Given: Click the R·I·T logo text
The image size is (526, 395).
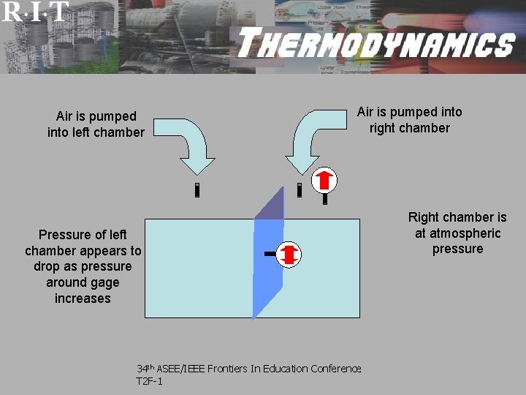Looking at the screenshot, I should point(35,11).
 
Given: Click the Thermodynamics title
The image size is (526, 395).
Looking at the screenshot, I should point(376,44).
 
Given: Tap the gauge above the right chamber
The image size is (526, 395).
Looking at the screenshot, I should point(324,179).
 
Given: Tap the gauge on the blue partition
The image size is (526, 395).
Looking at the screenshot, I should point(289,254).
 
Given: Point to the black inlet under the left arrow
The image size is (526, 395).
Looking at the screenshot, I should point(197,191).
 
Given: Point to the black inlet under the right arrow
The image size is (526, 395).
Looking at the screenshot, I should point(300,190).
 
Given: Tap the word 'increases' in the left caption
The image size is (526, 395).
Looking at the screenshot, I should point(83,298).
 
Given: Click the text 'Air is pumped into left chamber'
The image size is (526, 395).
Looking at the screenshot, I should point(96,124).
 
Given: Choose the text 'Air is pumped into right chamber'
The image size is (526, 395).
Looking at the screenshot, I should point(409,120).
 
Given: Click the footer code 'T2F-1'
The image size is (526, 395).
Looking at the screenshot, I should point(149,381).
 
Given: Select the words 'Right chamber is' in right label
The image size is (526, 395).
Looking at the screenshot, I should point(457,217).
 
